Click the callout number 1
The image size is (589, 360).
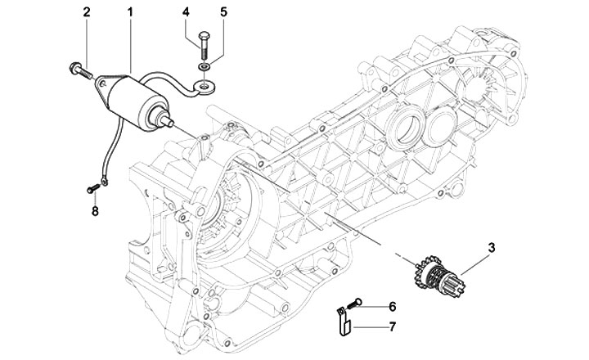click(x=130, y=12)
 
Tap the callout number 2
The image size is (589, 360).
click(x=87, y=12)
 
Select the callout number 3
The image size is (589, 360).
click(x=492, y=248)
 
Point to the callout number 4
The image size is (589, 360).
click(x=186, y=12)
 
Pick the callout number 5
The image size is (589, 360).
click(x=223, y=12)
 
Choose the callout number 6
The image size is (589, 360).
click(x=392, y=307)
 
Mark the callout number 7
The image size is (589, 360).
click(x=392, y=326)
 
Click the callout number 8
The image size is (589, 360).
click(x=95, y=211)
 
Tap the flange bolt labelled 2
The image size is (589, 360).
click(x=81, y=70)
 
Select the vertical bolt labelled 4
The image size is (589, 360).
click(x=203, y=45)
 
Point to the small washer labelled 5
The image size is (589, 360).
click(x=204, y=67)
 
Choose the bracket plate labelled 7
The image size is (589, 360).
click(x=344, y=322)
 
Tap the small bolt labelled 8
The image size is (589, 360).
click(x=92, y=189)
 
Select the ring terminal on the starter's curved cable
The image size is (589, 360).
click(x=204, y=88)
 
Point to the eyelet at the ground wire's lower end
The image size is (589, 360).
click(x=104, y=182)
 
